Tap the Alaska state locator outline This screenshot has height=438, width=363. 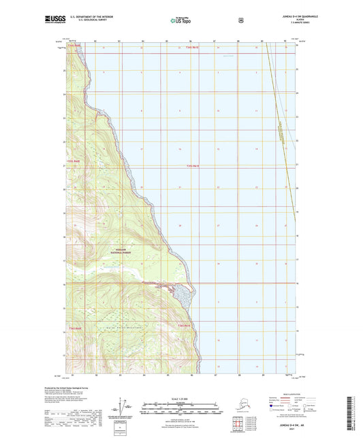tap(240, 411)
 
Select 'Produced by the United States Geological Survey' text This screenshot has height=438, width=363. tap(76, 399)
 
